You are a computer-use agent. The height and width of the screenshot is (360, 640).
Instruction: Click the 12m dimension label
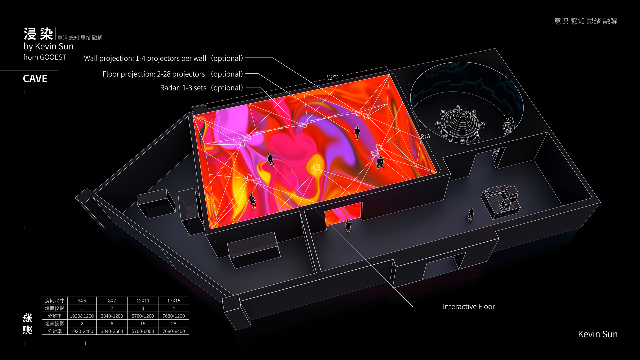pyautogui.click(x=332, y=77)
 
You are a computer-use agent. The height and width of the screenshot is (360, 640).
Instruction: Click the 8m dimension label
pyautogui.click(x=425, y=136)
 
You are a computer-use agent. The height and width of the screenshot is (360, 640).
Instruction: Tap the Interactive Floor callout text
pyautogui.click(x=469, y=307)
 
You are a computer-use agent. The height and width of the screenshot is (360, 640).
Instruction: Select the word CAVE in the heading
pyautogui.click(x=35, y=79)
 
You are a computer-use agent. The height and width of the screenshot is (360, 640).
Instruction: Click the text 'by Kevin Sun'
pyautogui.click(x=48, y=46)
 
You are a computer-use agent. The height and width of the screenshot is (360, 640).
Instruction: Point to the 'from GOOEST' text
pyautogui.click(x=45, y=57)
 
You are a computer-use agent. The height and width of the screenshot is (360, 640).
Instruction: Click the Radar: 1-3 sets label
pyautogui.click(x=202, y=88)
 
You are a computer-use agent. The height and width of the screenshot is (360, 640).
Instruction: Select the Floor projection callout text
pyautogui.click(x=173, y=74)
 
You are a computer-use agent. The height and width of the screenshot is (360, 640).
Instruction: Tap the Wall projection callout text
pyautogui.click(x=164, y=58)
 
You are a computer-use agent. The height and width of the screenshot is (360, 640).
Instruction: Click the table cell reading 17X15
pyautogui.click(x=174, y=301)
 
